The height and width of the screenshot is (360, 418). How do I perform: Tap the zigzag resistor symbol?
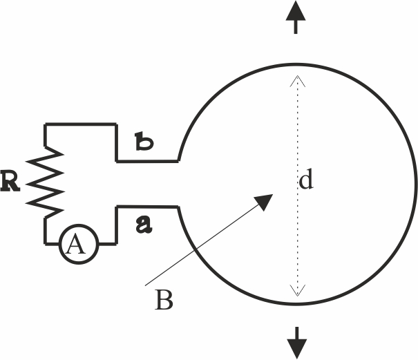point(45,182)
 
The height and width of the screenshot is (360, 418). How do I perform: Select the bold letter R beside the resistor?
point(10,182)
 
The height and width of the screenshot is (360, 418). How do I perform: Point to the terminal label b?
point(144,142)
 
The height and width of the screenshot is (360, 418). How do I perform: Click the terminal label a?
point(144,225)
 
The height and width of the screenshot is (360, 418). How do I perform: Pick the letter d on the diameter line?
point(306,180)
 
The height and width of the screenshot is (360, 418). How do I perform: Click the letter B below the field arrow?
point(164,300)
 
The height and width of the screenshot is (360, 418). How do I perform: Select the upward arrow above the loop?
point(296,17)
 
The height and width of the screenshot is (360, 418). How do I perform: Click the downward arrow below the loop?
point(296,343)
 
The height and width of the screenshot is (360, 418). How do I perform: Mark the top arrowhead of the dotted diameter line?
point(298,81)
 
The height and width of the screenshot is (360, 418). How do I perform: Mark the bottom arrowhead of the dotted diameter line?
point(298,290)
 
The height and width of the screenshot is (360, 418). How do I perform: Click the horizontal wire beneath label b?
point(147,161)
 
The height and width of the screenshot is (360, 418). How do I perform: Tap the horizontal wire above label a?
point(147,207)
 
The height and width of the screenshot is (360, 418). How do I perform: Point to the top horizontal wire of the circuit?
point(81,124)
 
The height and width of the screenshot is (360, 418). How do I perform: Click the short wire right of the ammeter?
point(108,243)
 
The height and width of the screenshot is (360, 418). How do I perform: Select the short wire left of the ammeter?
point(52,243)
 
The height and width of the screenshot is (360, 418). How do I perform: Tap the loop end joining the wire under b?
point(178,161)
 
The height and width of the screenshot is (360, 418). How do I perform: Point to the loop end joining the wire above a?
point(178,207)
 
